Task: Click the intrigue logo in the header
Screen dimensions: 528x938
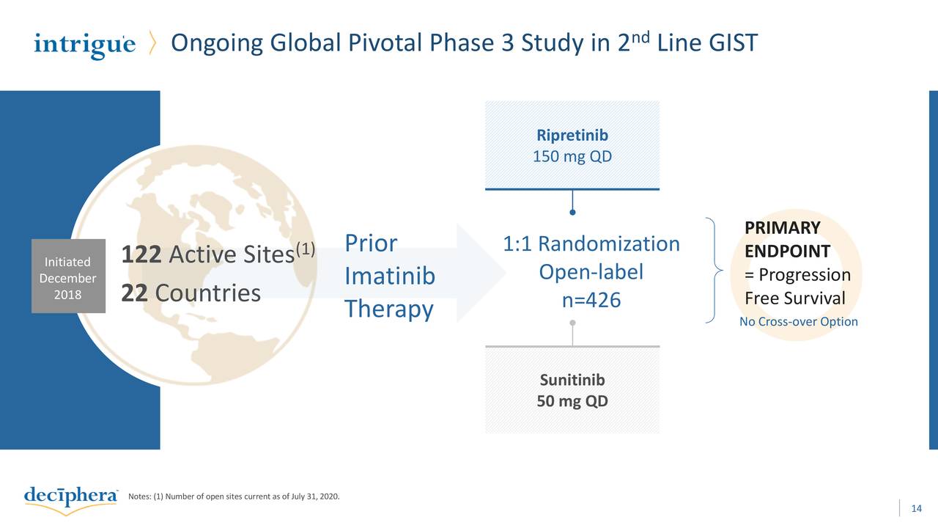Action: click(x=84, y=45)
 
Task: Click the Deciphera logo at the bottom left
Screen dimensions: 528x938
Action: click(x=70, y=496)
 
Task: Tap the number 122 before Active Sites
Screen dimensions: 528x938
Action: click(x=141, y=256)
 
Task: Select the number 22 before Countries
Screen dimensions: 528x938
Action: click(x=133, y=293)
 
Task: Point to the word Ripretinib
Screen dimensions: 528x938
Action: click(x=572, y=136)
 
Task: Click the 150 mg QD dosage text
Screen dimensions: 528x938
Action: click(x=572, y=157)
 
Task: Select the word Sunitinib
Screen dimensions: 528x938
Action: click(x=572, y=380)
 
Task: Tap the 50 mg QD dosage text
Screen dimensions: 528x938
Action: click(x=572, y=402)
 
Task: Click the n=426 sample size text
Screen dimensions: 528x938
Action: click(x=591, y=301)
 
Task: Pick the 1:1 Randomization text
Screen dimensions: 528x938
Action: click(x=591, y=243)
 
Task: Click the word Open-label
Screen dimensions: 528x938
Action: click(x=591, y=272)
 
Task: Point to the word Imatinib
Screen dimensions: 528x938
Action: click(x=390, y=276)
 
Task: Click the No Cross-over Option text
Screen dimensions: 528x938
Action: click(x=798, y=322)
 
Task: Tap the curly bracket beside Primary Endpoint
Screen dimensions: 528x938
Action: click(x=715, y=271)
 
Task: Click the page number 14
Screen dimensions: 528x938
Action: click(x=915, y=509)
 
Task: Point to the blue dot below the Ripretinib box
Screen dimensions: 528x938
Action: click(x=572, y=213)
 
